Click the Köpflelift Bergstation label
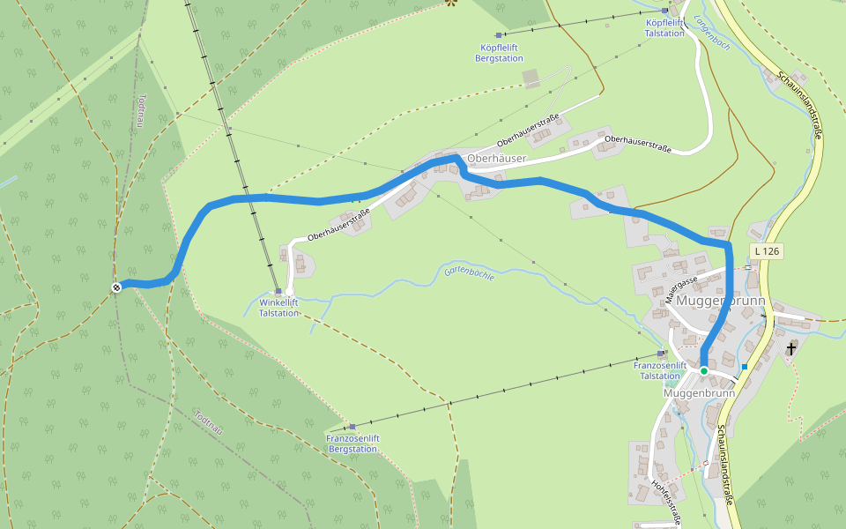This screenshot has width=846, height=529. click(x=501, y=53)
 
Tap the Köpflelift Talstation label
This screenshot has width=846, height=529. click(x=664, y=27)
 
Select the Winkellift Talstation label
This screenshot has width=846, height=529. click(x=278, y=308)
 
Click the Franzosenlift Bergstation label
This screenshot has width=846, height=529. click(x=352, y=443)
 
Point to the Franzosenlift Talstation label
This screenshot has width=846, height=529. click(x=659, y=370)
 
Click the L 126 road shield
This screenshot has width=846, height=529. click(x=767, y=251)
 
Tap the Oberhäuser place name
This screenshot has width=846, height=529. click(x=496, y=159)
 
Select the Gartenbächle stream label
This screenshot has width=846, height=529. click(x=470, y=272)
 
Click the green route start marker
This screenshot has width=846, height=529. click(x=704, y=371)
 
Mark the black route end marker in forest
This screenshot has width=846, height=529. click(x=116, y=287)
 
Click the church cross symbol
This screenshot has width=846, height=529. click(x=790, y=350)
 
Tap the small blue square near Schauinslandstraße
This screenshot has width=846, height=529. click(x=745, y=367)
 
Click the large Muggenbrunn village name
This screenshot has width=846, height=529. click(x=721, y=302)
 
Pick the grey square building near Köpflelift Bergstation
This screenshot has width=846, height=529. click(x=531, y=79)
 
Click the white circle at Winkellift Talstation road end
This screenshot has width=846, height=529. click(x=289, y=291)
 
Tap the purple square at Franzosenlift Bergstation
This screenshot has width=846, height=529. click(x=352, y=427)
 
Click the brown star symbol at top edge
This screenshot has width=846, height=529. click(x=452, y=3)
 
